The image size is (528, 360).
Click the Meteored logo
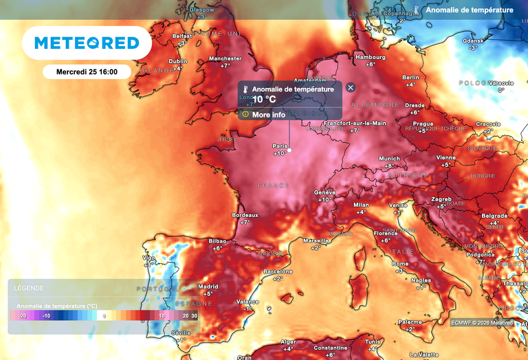pos(86,43)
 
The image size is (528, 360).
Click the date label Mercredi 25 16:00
pos(86,71)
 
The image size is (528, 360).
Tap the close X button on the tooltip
pos(351,88)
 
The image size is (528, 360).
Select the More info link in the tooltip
pos(268,115)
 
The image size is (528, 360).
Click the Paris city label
pos(280,146)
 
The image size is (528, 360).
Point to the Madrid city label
pos(208,286)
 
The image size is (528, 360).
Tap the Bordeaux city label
pos(245,215)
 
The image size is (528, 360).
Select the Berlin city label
pos(410,78)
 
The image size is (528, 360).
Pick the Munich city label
pos(389,159)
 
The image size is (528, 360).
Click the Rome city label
pos(400,264)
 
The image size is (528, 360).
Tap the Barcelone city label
pos(278,271)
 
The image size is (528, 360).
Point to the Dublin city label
pos(178,61)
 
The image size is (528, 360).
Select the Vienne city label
pos(445,157)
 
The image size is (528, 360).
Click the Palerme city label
pos(410,322)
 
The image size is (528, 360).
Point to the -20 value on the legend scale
pos(22,315)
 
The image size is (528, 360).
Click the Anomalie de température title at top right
pos(469,10)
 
